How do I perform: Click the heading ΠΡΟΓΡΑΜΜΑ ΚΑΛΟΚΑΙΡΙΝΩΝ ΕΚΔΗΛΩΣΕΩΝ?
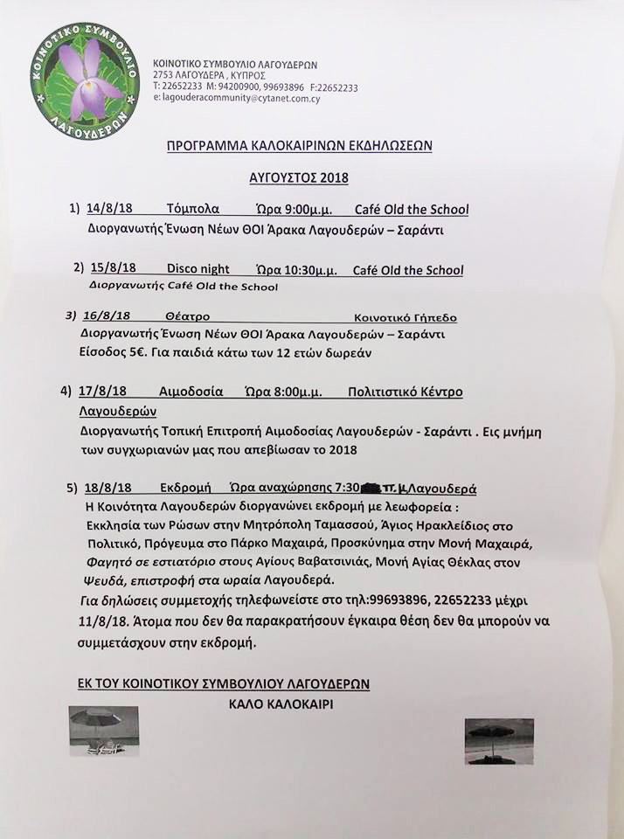click(299, 145)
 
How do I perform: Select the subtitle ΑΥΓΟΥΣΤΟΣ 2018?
click(299, 178)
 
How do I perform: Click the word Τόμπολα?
click(192, 210)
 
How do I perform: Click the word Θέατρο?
click(186, 316)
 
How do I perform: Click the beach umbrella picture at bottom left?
click(103, 731)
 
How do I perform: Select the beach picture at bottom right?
click(499, 742)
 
